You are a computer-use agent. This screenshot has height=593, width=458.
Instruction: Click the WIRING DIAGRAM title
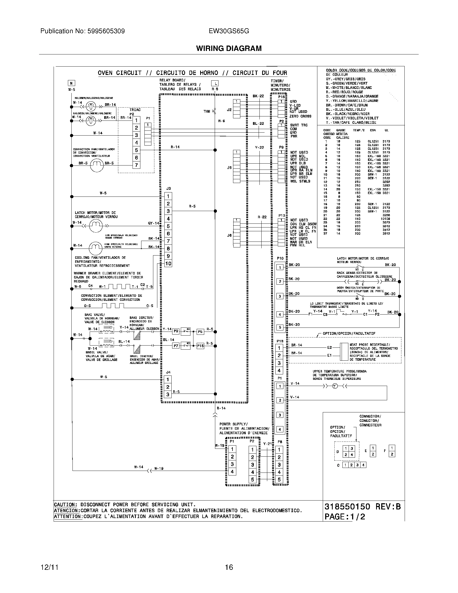tap(229, 48)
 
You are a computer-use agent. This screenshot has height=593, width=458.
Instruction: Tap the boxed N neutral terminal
tap(71, 83)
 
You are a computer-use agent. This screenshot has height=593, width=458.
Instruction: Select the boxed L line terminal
tap(215, 83)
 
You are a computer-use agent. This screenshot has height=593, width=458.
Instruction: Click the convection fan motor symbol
tap(97, 165)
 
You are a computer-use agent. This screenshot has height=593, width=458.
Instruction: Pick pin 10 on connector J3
tap(168, 263)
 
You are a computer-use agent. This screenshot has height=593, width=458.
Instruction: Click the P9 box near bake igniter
tap(176, 331)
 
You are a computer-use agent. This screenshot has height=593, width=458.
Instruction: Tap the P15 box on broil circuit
tap(200, 346)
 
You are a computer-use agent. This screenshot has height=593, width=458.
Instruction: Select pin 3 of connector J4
tap(168, 394)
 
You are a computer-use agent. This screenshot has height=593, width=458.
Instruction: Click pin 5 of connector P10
tap(280, 327)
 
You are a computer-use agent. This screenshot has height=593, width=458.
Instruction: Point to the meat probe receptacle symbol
tap(344, 351)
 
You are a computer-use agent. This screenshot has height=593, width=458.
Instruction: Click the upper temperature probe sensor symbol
tap(335, 386)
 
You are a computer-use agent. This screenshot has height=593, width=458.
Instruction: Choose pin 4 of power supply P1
tap(232, 472)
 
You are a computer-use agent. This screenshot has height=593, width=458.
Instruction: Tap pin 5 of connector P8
tap(279, 487)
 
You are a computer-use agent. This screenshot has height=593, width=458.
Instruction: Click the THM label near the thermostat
tap(207, 111)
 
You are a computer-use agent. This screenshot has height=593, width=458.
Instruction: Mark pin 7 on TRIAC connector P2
tap(137, 165)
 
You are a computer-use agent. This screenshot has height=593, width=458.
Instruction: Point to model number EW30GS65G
tap(229, 31)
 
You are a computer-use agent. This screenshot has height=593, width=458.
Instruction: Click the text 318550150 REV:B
tap(362, 507)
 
